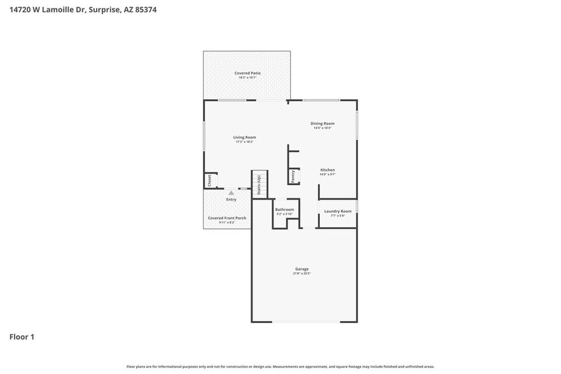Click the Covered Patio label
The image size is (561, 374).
click(247, 73)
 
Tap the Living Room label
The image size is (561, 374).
click(244, 137)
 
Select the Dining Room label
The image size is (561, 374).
click(322, 123)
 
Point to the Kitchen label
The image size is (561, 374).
click(328, 170)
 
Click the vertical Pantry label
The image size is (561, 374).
click(293, 176)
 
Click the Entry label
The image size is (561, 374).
click(231, 200)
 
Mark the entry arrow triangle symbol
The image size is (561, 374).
click(231, 193)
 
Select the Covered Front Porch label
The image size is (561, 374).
click(227, 218)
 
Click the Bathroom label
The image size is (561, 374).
click(284, 209)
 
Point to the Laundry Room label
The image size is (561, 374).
click(338, 211)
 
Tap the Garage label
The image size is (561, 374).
click(301, 269)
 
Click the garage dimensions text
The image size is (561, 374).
click(301, 274)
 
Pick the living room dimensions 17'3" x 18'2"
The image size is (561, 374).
click(244, 142)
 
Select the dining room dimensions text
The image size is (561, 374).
click(322, 128)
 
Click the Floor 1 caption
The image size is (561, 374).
click(21, 336)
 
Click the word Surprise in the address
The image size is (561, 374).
click(102, 10)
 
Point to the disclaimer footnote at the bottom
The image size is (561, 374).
click(280, 366)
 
